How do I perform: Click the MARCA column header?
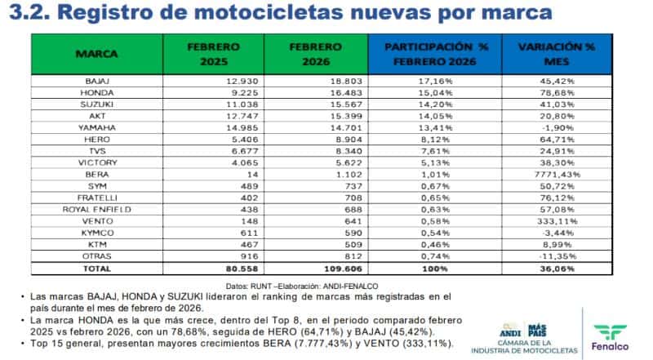click(x=97, y=54)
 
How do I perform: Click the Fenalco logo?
click(x=615, y=334)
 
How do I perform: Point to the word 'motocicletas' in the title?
click(x=273, y=13)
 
